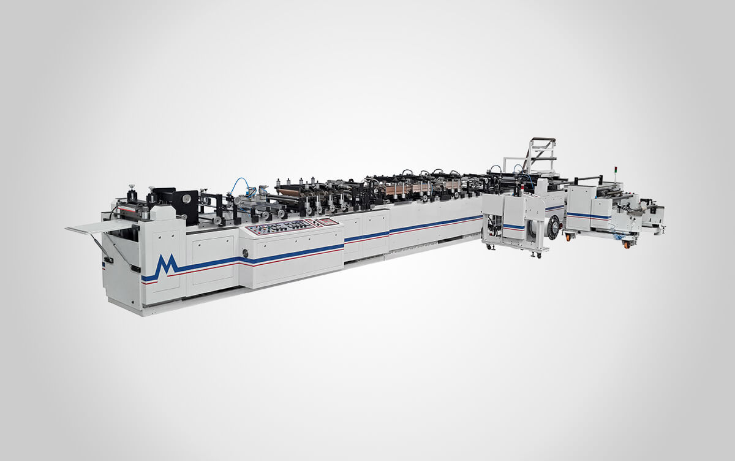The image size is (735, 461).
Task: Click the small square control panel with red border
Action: [x=329, y=221]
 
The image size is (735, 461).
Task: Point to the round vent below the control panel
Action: [x=246, y=253]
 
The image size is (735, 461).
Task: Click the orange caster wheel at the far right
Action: [x=627, y=244]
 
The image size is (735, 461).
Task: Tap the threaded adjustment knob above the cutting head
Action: [x=130, y=189]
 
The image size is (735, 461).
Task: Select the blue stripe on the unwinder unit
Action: [x=588, y=216]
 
